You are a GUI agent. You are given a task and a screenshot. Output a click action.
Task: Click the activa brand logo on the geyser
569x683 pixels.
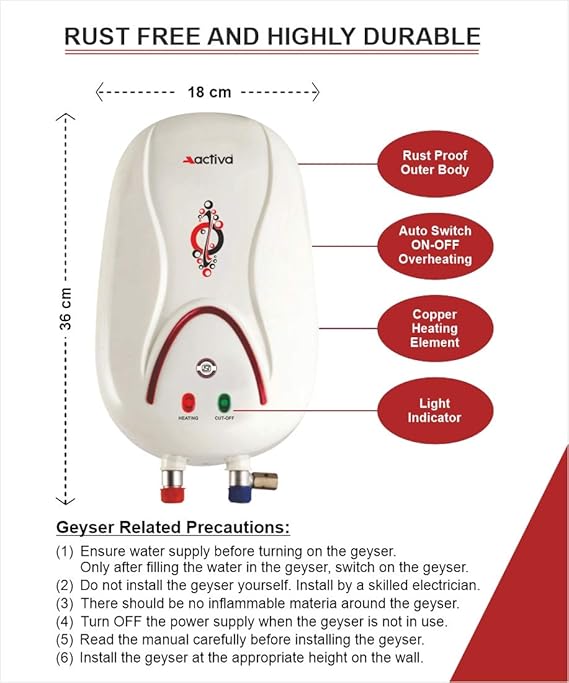tap(208, 159)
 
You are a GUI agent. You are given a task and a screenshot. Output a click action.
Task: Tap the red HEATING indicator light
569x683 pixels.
tap(189, 402)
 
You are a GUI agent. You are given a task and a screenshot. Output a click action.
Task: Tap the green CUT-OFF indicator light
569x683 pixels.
tap(224, 402)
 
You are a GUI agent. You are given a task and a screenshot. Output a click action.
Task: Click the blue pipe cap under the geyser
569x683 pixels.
tap(240, 494)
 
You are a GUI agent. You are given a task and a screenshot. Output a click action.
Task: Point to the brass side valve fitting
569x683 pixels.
tap(265, 480)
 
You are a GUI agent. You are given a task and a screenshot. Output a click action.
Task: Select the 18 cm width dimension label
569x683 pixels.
tap(209, 92)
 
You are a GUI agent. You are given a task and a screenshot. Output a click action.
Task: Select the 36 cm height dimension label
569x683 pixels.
tap(65, 308)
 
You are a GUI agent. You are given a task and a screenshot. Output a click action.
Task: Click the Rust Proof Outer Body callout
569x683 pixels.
tap(435, 163)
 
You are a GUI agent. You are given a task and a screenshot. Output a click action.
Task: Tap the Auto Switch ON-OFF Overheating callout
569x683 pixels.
tap(435, 245)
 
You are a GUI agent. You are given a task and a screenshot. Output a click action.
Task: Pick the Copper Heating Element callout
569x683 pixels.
tap(435, 328)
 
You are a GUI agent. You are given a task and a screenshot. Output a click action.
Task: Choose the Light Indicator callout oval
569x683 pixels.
tap(435, 410)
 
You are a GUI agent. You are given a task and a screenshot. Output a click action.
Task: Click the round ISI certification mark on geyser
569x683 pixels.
tap(206, 369)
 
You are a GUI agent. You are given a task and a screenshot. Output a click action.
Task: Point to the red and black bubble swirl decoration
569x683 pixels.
tap(207, 237)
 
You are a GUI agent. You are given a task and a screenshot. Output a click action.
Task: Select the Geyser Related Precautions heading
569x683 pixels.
tap(173, 527)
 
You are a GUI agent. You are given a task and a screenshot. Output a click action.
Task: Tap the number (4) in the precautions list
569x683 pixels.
tap(64, 622)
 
